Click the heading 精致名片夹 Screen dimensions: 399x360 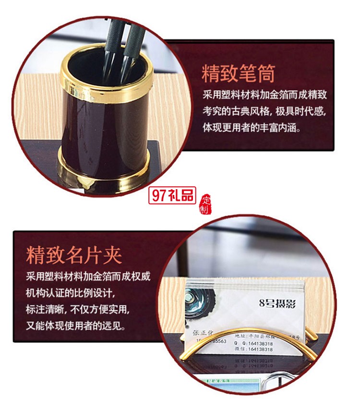[74, 255]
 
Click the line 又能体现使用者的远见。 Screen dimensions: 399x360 [77, 326]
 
